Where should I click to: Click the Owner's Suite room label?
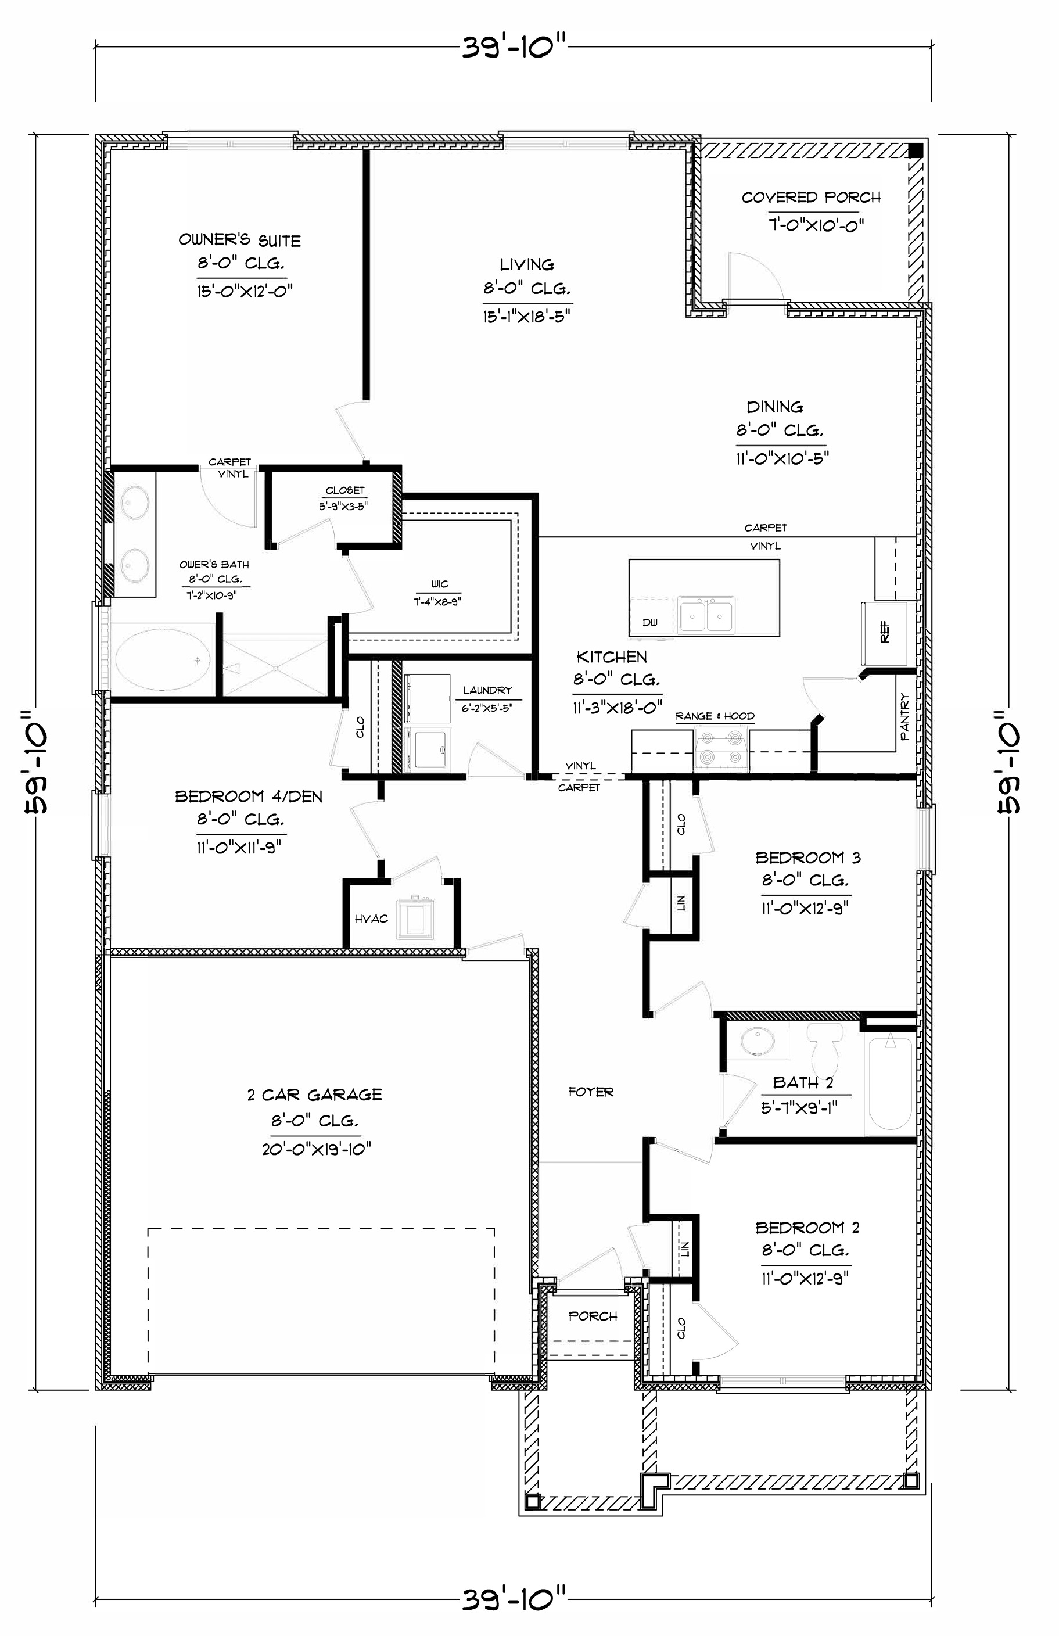pos(239,241)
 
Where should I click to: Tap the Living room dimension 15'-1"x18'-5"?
pos(527,317)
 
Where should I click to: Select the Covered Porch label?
pos(811,198)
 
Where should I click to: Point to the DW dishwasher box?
pos(650,623)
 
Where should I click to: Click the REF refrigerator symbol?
pos(885,631)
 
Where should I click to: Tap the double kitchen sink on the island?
pos(706,614)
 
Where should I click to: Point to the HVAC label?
pos(371,919)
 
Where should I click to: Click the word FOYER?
pos(591,1092)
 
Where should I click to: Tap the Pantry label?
pos(904,716)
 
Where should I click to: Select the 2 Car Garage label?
pos(315,1095)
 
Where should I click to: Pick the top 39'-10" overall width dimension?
pos(514,48)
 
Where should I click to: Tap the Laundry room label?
pos(487,690)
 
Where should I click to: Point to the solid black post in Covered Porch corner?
pos(915,151)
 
